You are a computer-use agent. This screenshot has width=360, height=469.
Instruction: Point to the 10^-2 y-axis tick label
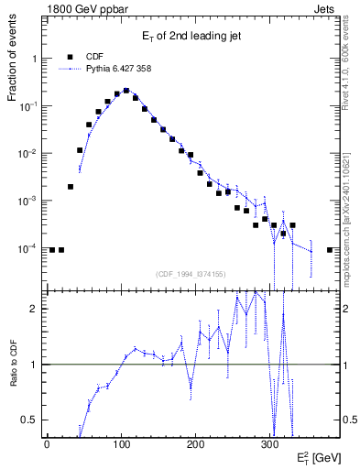[x=29, y=153]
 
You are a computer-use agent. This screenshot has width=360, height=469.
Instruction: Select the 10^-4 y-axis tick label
[x=29, y=248]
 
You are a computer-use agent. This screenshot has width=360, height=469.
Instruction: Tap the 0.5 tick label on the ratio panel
[x=30, y=420]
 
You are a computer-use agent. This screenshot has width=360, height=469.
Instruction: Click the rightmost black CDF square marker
[x=330, y=249]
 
